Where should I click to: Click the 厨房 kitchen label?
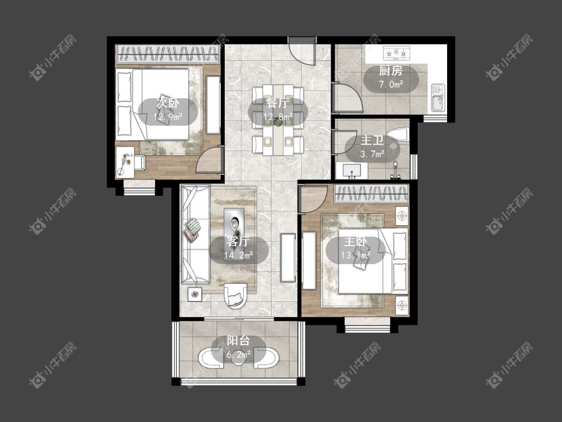coord(391,70)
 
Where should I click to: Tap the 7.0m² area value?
coord(391,84)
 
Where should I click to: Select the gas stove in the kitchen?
coord(397,53)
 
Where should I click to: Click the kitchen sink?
coord(438,97)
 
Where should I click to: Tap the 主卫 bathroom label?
coord(372,140)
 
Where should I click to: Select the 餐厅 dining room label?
coord(277,103)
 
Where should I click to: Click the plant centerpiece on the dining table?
coord(278,122)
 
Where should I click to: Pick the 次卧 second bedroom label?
coord(167,103)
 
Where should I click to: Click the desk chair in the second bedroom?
coord(140,162)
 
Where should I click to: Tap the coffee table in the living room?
coord(234,224)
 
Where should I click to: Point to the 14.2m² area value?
coord(238,255)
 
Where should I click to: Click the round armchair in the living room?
coord(235,295)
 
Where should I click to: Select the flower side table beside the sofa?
coord(195,294)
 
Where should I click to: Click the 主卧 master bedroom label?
coord(355,241)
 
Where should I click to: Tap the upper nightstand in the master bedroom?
coord(402,216)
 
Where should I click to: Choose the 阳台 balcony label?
coord(238,341)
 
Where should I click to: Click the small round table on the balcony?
coord(238,357)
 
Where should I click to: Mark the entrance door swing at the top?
coord(303,52)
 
